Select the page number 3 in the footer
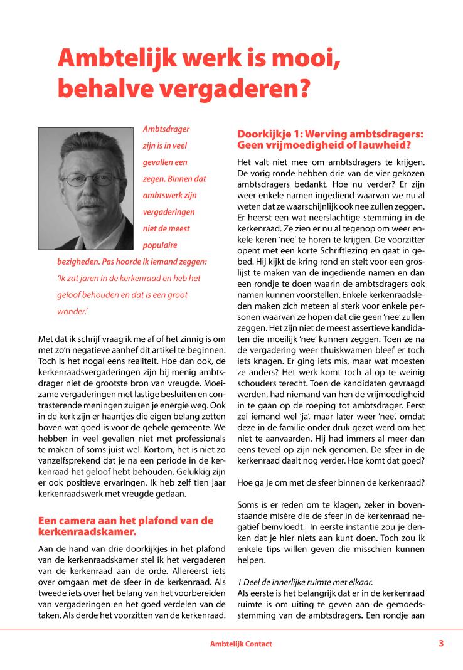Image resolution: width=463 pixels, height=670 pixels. click(x=441, y=643)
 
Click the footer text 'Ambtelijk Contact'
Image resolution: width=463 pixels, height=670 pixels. click(x=241, y=644)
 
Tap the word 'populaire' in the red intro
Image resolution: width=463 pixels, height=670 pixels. click(x=160, y=244)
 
